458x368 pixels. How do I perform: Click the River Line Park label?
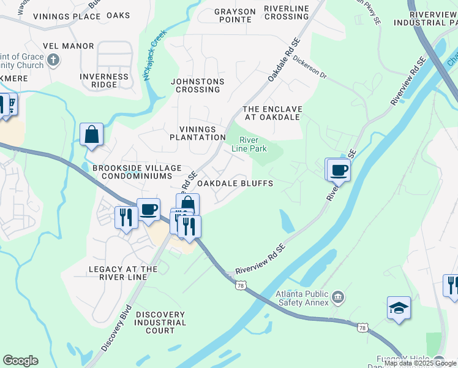point(249,143)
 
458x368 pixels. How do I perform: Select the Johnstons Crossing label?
point(197,85)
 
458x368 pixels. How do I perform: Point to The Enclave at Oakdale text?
point(272,112)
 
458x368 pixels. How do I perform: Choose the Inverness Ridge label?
point(104,81)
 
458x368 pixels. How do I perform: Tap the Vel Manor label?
point(69,46)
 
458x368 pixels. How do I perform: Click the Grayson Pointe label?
point(235,15)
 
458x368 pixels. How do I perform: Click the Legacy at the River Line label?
point(123,273)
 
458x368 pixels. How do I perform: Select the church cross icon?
point(53,60)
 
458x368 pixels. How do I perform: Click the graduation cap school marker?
point(399,309)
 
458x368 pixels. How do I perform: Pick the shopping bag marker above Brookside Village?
point(91,134)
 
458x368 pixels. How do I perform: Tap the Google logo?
point(20,361)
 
